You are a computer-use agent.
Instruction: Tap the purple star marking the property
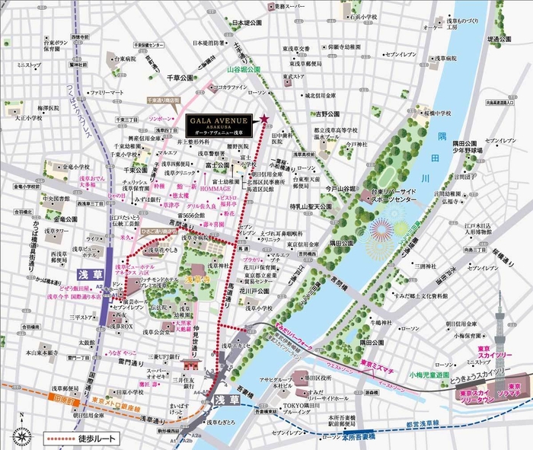tap(264, 119)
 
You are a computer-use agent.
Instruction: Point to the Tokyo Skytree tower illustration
tap(500, 335)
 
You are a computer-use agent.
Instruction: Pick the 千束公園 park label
tap(113, 172)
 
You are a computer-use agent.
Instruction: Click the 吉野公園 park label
tap(327, 114)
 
